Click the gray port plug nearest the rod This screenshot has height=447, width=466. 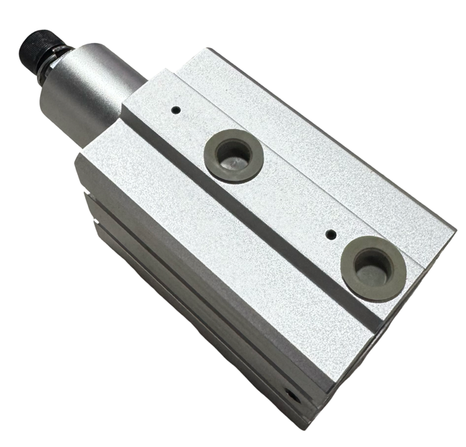coord(233,154)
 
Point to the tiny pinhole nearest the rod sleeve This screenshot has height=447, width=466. coord(175,111)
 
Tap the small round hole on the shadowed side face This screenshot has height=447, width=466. coord(292,396)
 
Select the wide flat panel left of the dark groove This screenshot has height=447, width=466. coord(218,240)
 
